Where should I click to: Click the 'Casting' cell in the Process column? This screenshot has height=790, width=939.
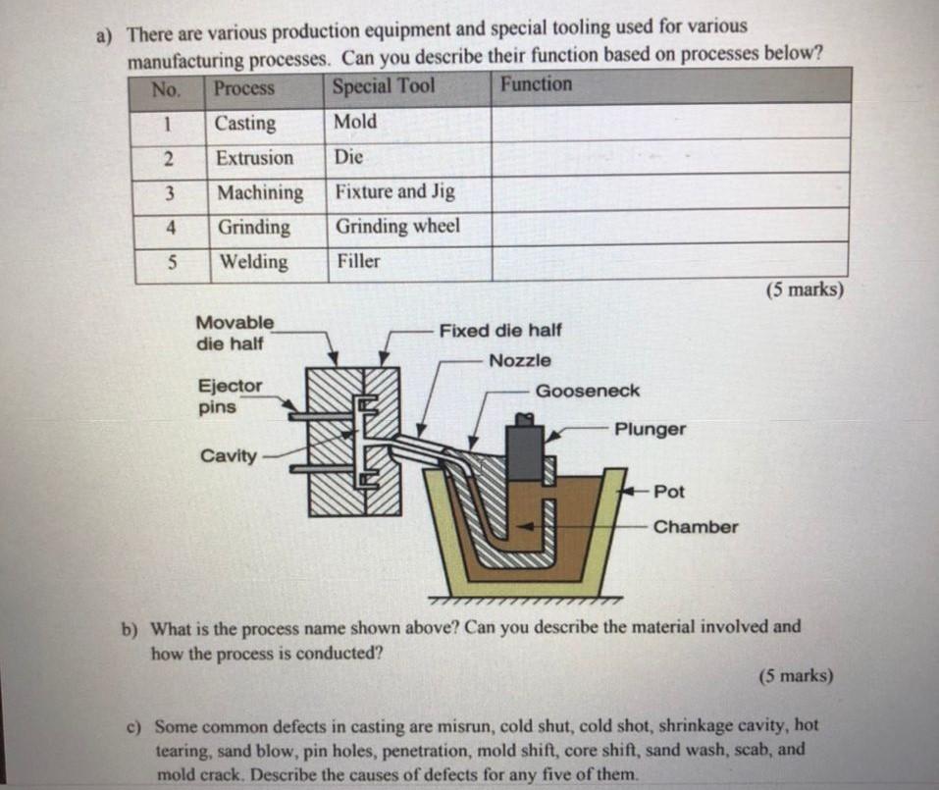pyautogui.click(x=245, y=124)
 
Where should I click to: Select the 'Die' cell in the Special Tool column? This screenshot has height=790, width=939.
pyautogui.click(x=348, y=157)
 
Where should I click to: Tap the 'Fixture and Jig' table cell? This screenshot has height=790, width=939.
pyautogui.click(x=394, y=191)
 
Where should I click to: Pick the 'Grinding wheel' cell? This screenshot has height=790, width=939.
pyautogui.click(x=397, y=227)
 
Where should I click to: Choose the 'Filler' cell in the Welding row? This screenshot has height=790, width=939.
pyautogui.click(x=358, y=261)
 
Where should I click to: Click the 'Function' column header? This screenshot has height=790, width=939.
pyautogui.click(x=536, y=84)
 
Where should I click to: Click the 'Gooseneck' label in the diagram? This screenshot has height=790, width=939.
pyautogui.click(x=587, y=391)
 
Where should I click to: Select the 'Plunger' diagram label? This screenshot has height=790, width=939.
pyautogui.click(x=650, y=430)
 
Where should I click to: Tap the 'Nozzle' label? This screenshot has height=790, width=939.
pyautogui.click(x=519, y=361)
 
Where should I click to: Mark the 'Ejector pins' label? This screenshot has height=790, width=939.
pyautogui.click(x=230, y=396)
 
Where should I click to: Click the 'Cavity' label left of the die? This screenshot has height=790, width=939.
pyautogui.click(x=229, y=455)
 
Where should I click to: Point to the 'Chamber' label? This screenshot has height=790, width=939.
pyautogui.click(x=696, y=527)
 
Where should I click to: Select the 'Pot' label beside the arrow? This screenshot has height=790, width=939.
pyautogui.click(x=669, y=492)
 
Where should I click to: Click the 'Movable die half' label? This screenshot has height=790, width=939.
pyautogui.click(x=235, y=333)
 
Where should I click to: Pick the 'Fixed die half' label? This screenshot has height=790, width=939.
pyautogui.click(x=500, y=331)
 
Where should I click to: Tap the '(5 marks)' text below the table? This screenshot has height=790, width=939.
pyautogui.click(x=804, y=290)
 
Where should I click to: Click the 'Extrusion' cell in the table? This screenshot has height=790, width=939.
pyautogui.click(x=254, y=158)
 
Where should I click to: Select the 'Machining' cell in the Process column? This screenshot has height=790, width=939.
pyautogui.click(x=260, y=192)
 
